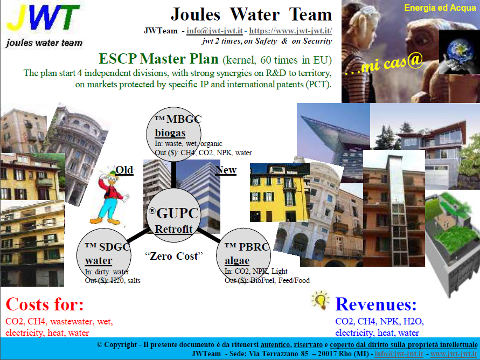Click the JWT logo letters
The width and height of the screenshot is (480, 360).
[43, 17]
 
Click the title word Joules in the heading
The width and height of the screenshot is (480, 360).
[196, 15]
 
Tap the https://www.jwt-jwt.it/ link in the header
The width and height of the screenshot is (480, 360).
[290, 31]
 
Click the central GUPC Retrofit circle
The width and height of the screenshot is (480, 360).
[173, 215]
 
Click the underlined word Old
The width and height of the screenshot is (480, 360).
[124, 170]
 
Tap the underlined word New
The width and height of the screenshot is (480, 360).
[226, 170]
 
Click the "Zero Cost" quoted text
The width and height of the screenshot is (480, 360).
[174, 256]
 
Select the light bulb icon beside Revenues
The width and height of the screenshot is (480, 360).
[320, 300]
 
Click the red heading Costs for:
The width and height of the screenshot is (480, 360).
[45, 304]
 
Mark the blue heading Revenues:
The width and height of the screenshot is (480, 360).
[376, 304]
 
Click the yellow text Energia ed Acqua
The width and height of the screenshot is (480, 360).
[440, 8]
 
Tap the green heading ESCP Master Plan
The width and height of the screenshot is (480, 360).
[158, 59]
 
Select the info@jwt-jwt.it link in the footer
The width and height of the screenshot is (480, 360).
[399, 354]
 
